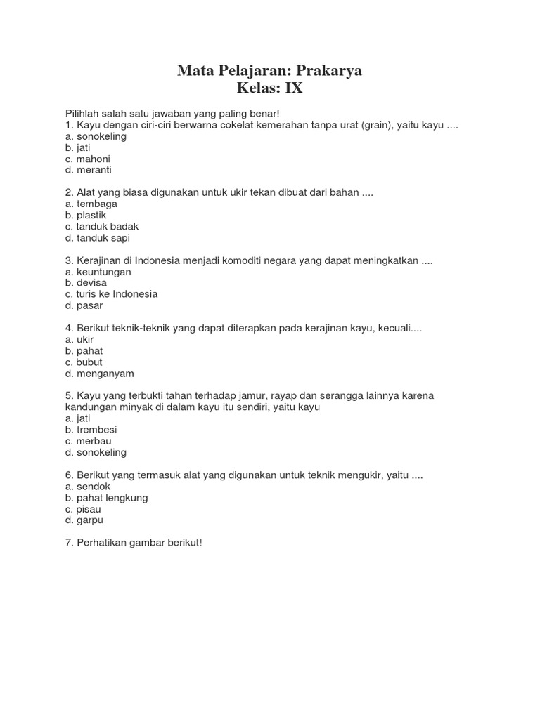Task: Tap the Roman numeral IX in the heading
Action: coord(294,89)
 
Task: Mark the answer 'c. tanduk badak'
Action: coord(101,226)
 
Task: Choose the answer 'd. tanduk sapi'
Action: coord(97,237)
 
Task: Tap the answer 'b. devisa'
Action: coord(86,283)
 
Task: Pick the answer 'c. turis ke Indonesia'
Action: coord(111,294)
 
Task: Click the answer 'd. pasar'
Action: coord(84,305)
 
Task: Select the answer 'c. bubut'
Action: coord(84,362)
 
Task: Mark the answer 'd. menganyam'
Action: coord(99,374)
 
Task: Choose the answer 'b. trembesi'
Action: coord(91,430)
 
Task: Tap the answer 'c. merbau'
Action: coord(88,441)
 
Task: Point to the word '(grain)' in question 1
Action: coord(375,125)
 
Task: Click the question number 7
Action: coord(68,543)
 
